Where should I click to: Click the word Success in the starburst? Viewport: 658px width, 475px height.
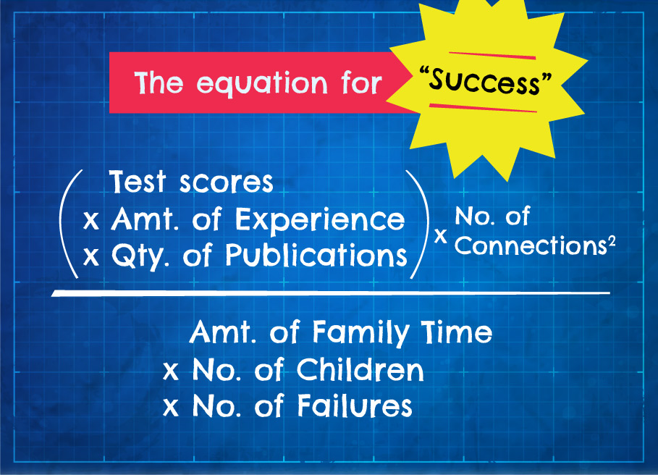486,81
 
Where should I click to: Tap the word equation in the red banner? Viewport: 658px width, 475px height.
262,83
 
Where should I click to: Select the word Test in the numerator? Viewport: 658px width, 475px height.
138,182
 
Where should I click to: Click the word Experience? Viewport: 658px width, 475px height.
320,219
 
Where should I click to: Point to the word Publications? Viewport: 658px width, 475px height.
316,255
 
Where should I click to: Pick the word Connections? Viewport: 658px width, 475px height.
531,245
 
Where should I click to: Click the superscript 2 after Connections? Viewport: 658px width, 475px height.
612,242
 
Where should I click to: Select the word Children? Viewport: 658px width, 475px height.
360,370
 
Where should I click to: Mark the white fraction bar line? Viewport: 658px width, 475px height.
331,293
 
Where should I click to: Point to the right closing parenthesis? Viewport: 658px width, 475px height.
418,224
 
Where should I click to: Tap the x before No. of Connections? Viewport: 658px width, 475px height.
440,235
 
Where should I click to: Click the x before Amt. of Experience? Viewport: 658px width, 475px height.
91,220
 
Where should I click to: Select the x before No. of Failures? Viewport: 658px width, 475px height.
171,407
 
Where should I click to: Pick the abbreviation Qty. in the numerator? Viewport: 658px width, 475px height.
140,256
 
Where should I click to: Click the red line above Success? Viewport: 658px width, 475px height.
492,55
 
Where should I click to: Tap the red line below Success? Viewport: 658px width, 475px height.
483,109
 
